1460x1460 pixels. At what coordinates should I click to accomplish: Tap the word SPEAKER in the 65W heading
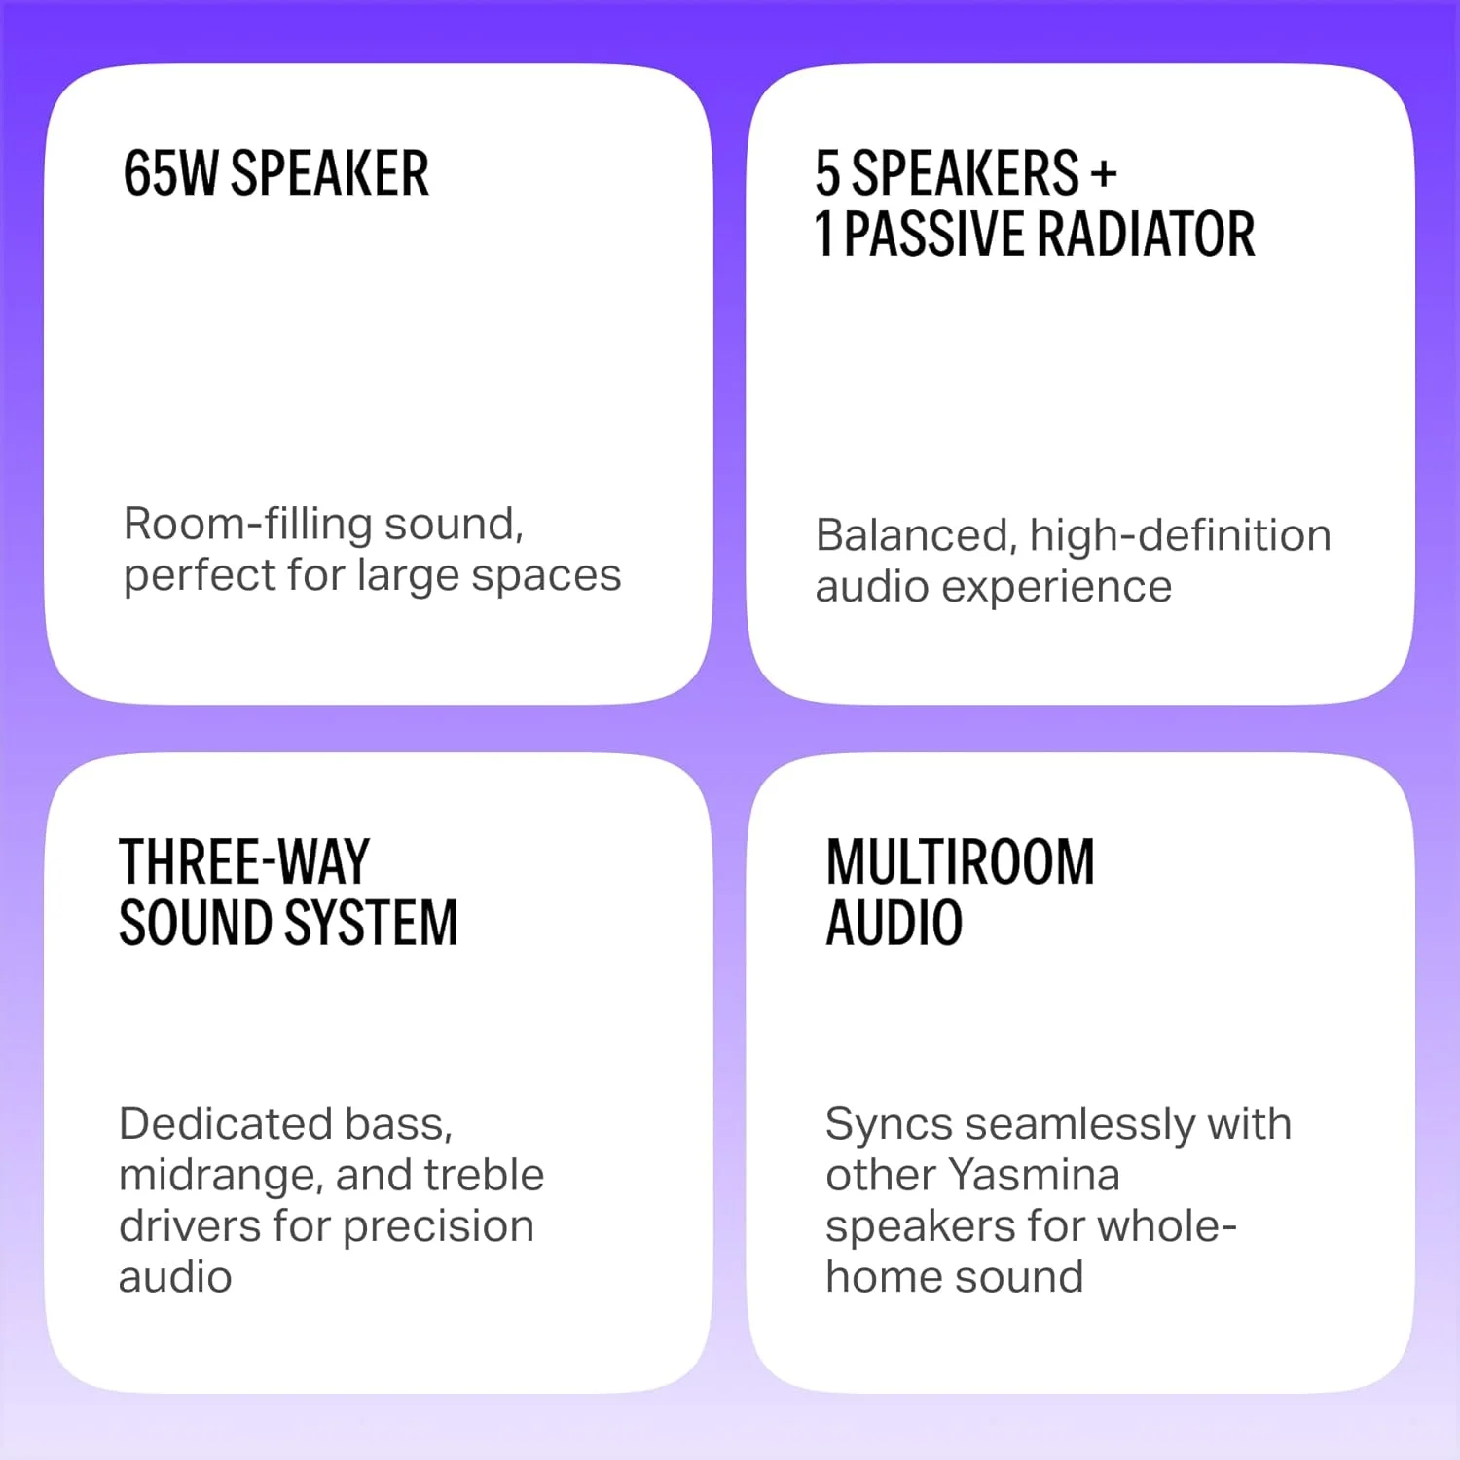click(x=330, y=173)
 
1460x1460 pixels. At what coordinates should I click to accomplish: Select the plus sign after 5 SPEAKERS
click(x=1103, y=174)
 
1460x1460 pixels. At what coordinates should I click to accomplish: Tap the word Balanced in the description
click(x=916, y=536)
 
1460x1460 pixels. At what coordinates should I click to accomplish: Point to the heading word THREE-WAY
click(x=244, y=861)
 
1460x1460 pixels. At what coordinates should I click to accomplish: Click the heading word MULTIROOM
click(x=961, y=861)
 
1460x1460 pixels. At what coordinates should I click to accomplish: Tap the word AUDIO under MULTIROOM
click(x=894, y=923)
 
